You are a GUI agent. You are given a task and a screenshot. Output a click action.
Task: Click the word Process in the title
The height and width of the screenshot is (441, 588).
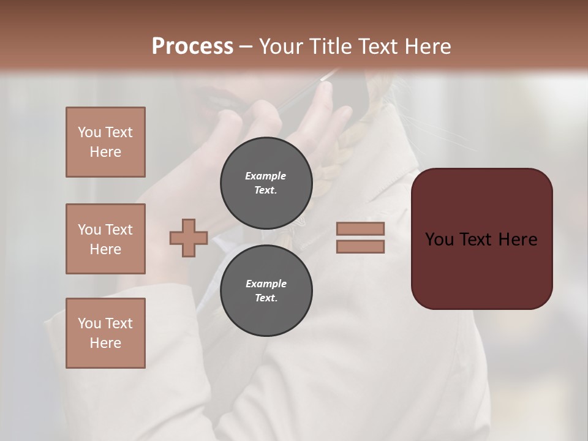[x=192, y=47]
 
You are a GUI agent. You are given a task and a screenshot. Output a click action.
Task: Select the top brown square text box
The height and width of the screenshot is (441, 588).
[x=105, y=142]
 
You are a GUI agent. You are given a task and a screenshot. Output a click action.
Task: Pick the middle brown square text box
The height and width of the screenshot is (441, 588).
[x=105, y=239]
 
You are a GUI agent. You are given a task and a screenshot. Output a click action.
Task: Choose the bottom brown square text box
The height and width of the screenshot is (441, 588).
[x=105, y=333]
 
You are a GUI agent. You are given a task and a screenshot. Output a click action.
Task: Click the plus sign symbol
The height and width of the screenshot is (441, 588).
[x=189, y=238]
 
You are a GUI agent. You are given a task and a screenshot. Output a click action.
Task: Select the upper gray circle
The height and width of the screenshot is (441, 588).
[x=266, y=183]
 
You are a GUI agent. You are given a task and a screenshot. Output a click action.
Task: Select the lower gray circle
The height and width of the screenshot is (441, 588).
[x=266, y=291]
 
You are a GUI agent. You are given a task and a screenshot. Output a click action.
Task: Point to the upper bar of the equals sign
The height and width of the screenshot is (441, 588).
[x=360, y=228]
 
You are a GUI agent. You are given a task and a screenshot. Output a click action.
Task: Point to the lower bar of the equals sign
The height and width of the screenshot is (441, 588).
[x=360, y=247]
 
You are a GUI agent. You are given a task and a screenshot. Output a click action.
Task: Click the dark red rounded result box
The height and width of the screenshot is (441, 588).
[x=481, y=238]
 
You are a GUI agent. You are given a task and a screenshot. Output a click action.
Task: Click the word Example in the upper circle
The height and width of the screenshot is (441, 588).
[x=266, y=176]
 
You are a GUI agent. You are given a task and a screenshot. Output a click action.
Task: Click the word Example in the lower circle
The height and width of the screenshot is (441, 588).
[x=266, y=284]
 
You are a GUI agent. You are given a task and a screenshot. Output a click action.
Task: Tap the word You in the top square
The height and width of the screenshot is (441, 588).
[x=89, y=132]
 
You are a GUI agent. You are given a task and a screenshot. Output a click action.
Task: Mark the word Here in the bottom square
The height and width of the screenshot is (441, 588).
[x=105, y=343]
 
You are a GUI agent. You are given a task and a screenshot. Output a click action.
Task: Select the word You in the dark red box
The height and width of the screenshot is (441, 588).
[x=439, y=239]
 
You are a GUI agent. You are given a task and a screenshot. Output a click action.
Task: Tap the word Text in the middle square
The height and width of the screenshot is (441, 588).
[x=118, y=230]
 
